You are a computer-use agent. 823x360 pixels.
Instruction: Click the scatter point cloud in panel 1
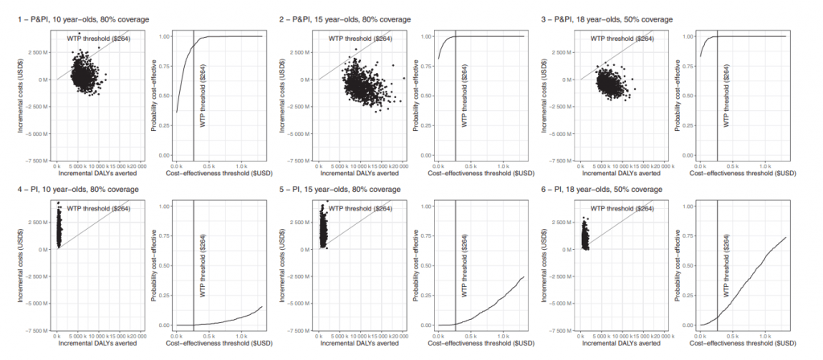(x=81, y=76)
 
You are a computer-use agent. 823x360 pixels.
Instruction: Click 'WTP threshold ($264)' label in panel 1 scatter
(x=97, y=39)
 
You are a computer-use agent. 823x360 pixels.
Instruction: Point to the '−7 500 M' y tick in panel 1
(x=36, y=161)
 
